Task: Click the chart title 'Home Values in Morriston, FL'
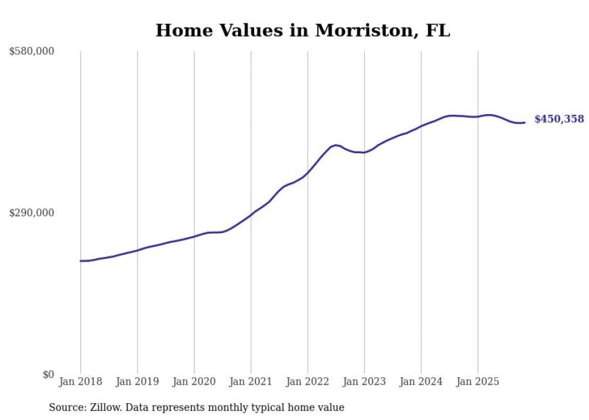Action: (302, 31)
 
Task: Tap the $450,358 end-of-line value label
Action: (559, 119)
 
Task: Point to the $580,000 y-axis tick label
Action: (31, 52)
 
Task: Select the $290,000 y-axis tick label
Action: (31, 213)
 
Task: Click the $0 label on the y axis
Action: (48, 374)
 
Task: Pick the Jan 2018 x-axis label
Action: (81, 382)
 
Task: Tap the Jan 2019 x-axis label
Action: (137, 382)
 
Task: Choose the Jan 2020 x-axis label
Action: (194, 382)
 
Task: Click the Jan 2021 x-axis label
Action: (251, 382)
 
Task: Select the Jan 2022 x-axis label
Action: (308, 382)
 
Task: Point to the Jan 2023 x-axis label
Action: (364, 382)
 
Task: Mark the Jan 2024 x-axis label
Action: (421, 382)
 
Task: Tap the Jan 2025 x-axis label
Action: (478, 382)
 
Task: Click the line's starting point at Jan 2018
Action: (81, 261)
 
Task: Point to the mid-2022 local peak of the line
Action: (336, 145)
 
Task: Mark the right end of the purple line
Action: (525, 123)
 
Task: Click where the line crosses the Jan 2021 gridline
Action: (251, 215)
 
